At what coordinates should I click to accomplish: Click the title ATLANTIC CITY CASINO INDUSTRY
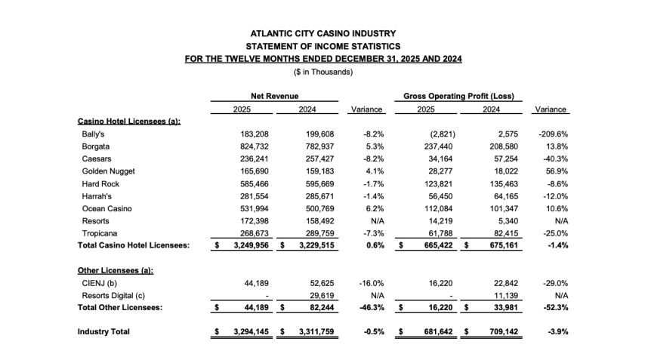[x=323, y=33]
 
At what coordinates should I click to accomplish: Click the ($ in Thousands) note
[x=323, y=72]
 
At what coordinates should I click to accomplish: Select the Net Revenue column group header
[x=275, y=97]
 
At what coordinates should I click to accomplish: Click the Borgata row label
[x=96, y=146]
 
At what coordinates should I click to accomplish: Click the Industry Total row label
[x=103, y=332]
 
